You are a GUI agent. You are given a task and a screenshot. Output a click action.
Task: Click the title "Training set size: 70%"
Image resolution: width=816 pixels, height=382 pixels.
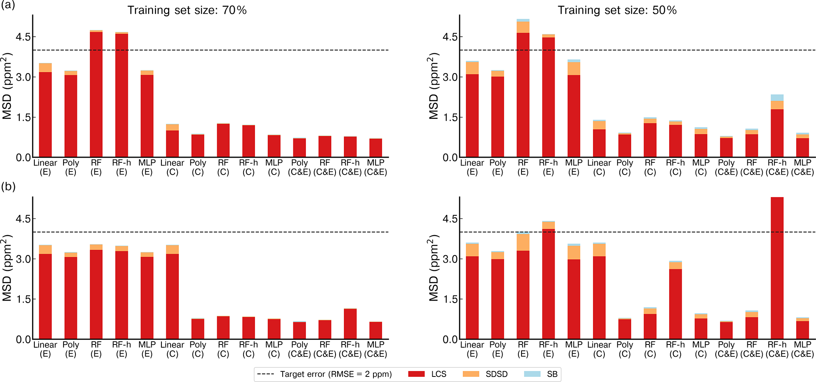pyautogui.click(x=187, y=10)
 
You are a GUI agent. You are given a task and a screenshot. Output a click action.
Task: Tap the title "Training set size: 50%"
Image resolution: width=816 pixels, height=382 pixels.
pyautogui.click(x=617, y=10)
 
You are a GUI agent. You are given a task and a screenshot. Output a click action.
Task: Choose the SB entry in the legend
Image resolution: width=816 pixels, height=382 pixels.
pyautogui.click(x=540, y=374)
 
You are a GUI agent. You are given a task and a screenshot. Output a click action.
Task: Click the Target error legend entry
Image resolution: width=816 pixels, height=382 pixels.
pyautogui.click(x=324, y=374)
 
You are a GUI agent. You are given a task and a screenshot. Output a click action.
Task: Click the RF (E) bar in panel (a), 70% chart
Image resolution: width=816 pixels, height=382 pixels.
pyautogui.click(x=96, y=95)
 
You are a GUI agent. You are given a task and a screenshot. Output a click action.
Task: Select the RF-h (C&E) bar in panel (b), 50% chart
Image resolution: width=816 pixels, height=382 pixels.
pyautogui.click(x=777, y=269)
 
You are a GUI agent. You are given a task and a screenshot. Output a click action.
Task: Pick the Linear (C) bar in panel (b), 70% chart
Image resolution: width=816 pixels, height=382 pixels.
pyautogui.click(x=173, y=296)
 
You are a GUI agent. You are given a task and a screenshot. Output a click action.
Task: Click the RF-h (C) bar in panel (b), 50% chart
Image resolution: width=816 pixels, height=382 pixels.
pyautogui.click(x=675, y=304)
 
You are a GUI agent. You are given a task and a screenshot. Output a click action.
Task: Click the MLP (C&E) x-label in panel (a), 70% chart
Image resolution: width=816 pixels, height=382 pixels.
pyautogui.click(x=375, y=167)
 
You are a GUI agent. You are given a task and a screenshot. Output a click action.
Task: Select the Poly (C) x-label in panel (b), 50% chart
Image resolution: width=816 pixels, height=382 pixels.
pyautogui.click(x=625, y=349)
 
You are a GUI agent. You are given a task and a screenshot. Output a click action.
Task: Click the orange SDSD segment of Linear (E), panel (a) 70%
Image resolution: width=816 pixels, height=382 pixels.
pyautogui.click(x=45, y=68)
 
